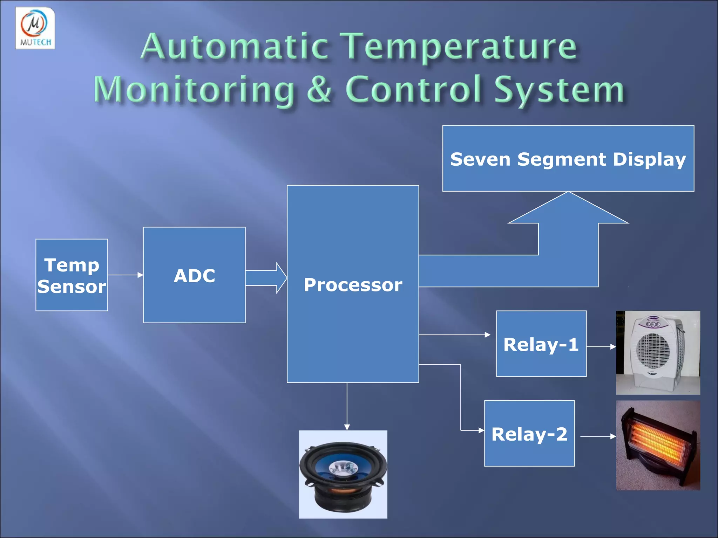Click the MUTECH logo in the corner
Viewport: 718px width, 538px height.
[35, 28]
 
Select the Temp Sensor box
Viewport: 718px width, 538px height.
[72, 275]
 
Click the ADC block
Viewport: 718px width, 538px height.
[194, 275]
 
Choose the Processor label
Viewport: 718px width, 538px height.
[353, 285]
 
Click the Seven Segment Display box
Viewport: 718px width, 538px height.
[568, 159]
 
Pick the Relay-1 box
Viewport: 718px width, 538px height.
[541, 344]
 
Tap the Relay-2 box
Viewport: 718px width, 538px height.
[529, 434]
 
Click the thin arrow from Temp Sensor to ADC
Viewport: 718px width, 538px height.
[126, 275]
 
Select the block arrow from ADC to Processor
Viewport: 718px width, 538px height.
[266, 278]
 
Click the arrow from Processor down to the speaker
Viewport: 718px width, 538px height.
[347, 406]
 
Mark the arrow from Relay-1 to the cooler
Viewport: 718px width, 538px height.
[601, 347]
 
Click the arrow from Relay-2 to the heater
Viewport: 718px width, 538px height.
[598, 436]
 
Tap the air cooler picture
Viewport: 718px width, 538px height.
[658, 353]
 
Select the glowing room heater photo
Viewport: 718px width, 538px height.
[658, 445]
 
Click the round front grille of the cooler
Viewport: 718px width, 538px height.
[653, 350]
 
